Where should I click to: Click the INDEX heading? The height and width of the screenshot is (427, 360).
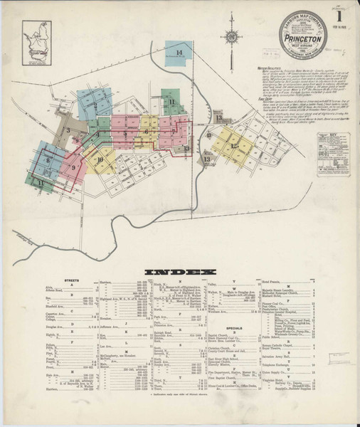pyautogui.click(x=179, y=271)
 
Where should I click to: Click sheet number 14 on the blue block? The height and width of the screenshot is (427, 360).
pyautogui.click(x=180, y=53)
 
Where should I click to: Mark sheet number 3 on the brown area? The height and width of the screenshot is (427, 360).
pyautogui.click(x=68, y=131)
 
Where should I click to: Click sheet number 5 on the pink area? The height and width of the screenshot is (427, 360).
pyautogui.click(x=125, y=133)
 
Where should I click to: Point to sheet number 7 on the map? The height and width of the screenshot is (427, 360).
pyautogui.click(x=173, y=131)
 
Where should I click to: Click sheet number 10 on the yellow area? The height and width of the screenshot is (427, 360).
pyautogui.click(x=100, y=160)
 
